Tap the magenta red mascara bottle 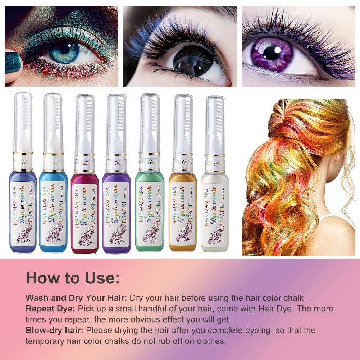point(85,212)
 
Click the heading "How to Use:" point(73,278)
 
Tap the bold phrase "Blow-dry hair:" point(55,330)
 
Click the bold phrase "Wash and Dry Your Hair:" point(76,298)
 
